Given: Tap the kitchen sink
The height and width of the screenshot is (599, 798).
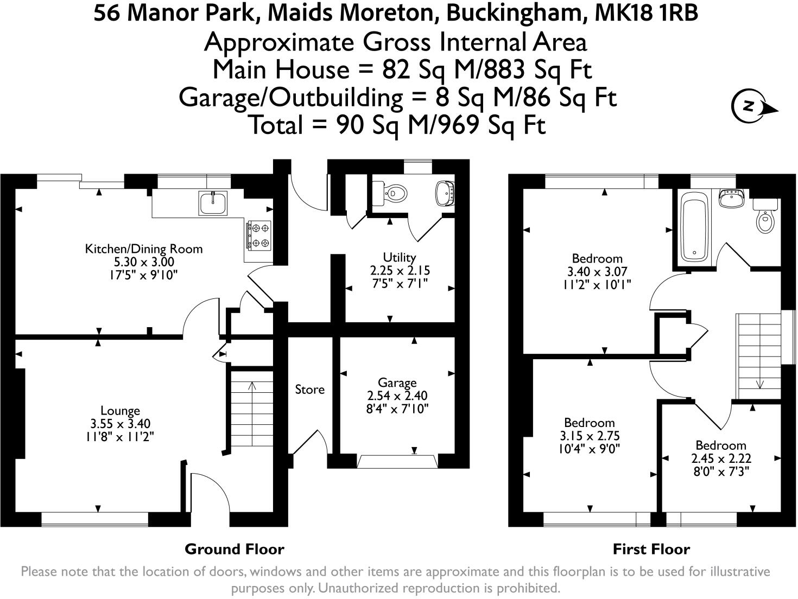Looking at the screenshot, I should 213,203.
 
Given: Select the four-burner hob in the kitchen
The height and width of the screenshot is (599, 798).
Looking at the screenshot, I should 259,235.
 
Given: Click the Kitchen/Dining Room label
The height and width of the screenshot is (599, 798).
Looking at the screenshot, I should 143,249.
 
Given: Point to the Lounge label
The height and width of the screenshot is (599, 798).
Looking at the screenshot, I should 120,411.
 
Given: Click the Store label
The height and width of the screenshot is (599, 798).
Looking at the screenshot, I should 309,389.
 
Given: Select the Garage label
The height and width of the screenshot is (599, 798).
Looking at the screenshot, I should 397,383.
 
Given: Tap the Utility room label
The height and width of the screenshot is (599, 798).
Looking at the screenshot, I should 399,257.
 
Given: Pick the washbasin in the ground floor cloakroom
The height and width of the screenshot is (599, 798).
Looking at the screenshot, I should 445,193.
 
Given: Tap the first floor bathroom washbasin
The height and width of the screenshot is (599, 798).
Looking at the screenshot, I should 731,199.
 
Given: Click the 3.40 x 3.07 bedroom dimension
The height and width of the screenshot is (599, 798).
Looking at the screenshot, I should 597,271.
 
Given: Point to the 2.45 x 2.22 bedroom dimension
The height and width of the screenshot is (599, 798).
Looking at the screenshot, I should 721,458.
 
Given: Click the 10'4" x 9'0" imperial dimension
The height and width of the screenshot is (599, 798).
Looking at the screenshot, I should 589,449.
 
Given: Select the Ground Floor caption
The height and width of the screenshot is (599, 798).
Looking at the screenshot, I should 234,549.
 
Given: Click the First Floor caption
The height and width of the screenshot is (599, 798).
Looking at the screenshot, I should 651,549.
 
